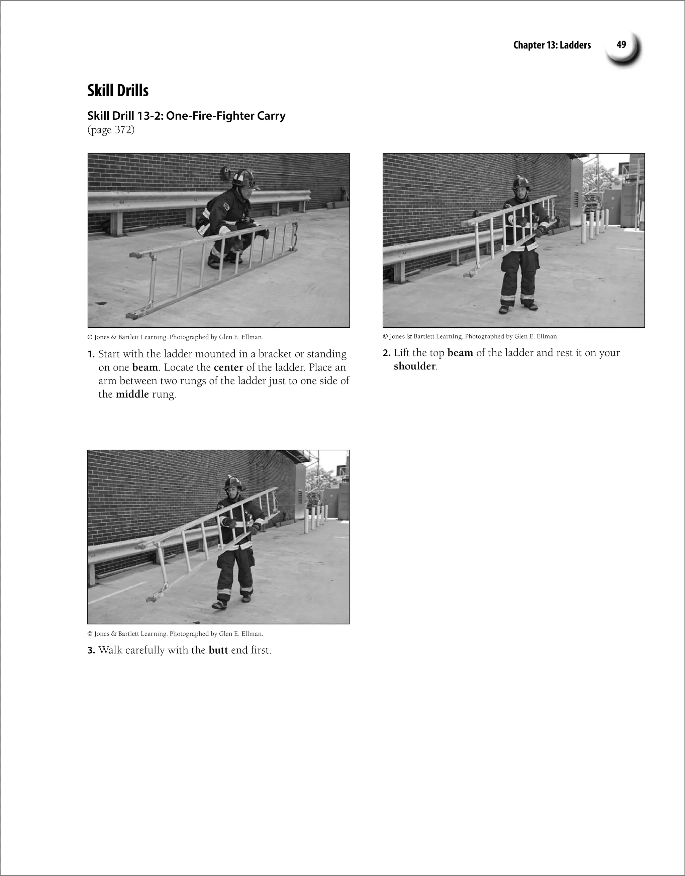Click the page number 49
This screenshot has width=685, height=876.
point(621,45)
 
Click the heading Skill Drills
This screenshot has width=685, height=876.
point(118,91)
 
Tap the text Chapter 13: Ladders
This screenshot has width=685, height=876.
point(552,45)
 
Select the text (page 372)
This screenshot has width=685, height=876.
point(111,130)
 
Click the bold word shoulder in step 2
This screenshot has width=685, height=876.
point(414,366)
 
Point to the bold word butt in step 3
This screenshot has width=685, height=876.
point(218,650)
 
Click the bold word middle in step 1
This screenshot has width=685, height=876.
point(132,394)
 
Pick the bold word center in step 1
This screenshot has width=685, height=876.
point(228,367)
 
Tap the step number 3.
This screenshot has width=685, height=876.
point(91,651)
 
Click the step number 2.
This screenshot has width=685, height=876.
point(386,353)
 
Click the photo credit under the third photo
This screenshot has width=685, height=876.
point(175,634)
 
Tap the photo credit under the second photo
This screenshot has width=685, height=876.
point(470,336)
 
